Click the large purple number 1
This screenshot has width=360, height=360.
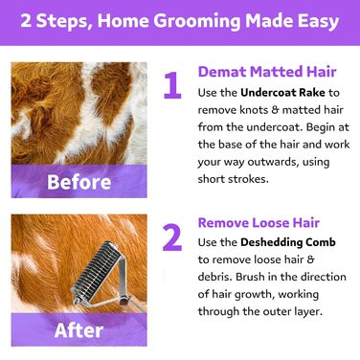pos(172,85)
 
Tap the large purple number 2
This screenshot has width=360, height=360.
pos(172,237)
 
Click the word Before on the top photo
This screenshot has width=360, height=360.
pos(79,182)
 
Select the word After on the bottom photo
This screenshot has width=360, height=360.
pos(79,330)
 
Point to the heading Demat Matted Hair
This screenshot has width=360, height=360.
pos(267,72)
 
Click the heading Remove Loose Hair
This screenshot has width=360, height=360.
pos(259,222)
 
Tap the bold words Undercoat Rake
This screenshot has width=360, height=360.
pos(282,93)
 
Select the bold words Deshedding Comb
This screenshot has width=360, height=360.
pos(288,242)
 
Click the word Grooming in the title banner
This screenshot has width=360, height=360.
pos(197,21)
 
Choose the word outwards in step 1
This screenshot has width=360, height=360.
pos(273,162)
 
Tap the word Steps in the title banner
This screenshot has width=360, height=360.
pos(63,22)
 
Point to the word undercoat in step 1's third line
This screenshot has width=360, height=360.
pos(274,127)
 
